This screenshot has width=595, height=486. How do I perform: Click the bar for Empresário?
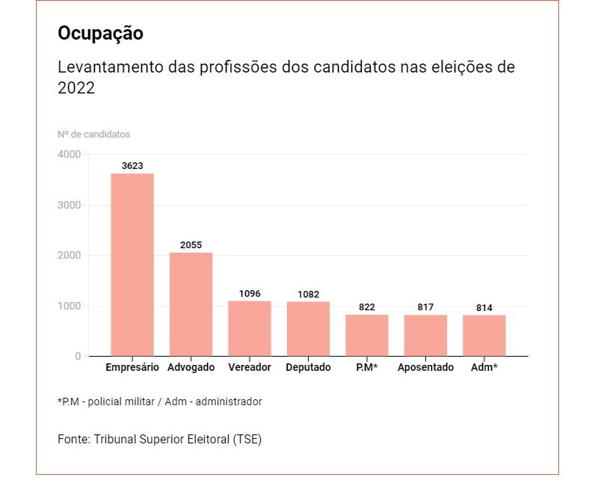132,265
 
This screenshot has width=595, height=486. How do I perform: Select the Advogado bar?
191,304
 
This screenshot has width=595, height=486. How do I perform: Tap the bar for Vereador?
250,328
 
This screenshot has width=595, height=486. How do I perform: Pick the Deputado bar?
308,329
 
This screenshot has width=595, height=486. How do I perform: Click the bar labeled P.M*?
367,336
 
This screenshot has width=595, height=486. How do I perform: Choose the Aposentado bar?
425,336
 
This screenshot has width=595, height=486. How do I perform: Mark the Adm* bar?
484,336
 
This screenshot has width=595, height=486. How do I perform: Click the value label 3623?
132,166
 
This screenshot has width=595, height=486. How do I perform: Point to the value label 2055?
191,245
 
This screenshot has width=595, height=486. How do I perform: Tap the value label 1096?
250,294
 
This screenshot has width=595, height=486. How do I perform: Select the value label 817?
425,307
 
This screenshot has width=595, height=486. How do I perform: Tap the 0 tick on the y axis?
78,357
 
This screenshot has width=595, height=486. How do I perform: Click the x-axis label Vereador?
250,368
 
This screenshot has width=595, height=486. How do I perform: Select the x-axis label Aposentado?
425,368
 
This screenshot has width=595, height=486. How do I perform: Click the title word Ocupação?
100,34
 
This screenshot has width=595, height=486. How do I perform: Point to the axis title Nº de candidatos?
93,135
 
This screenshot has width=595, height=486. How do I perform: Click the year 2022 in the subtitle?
76,87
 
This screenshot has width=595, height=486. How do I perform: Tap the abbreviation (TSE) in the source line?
247,440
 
